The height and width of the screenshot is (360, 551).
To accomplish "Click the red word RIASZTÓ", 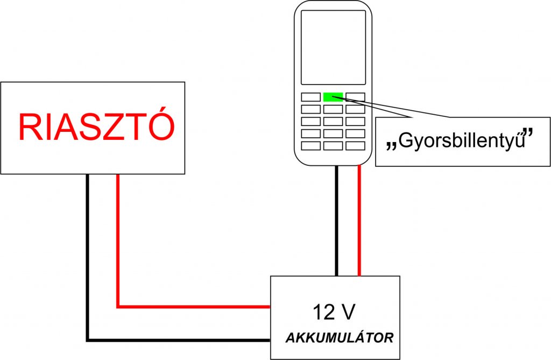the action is click(x=96, y=128).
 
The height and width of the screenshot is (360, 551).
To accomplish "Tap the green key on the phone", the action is click(x=333, y=97).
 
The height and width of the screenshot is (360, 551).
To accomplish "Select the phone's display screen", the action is click(x=333, y=47).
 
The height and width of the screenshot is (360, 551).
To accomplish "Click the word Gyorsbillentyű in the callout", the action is click(x=462, y=143).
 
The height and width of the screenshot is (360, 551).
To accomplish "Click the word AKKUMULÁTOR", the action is click(x=339, y=338).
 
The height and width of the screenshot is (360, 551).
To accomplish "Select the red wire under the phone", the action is click(x=359, y=221).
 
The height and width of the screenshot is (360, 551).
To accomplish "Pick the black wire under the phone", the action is click(x=337, y=221).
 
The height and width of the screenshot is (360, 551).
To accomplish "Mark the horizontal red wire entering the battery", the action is click(x=194, y=307).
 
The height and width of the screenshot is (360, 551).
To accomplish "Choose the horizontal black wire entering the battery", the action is click(x=178, y=340).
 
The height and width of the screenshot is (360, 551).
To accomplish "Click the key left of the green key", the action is click(x=310, y=97).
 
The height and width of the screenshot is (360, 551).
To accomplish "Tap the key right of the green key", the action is click(x=355, y=97).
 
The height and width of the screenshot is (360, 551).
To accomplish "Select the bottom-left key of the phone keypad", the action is click(x=310, y=145).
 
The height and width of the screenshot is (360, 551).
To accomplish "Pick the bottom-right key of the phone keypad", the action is click(x=355, y=145).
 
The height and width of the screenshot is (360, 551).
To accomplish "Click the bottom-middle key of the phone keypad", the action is click(x=333, y=145).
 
